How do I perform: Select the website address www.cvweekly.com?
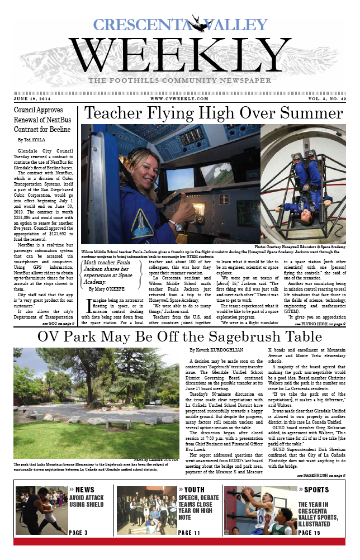click(x=177, y=98)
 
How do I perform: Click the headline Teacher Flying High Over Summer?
click(x=214, y=113)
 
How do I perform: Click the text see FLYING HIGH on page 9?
click(x=320, y=323)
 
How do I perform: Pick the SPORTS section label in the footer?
click(x=316, y=490)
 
